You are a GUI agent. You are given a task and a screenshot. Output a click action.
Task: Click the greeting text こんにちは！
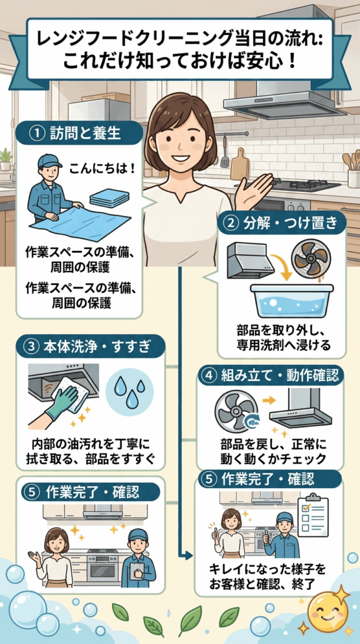(102, 169)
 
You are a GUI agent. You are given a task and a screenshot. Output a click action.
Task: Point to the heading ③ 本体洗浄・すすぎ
(91, 347)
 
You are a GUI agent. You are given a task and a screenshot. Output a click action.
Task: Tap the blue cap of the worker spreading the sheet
(49, 162)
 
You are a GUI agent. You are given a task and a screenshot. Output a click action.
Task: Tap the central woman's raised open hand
(258, 188)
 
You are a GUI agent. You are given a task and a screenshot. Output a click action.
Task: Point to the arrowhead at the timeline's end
(189, 557)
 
